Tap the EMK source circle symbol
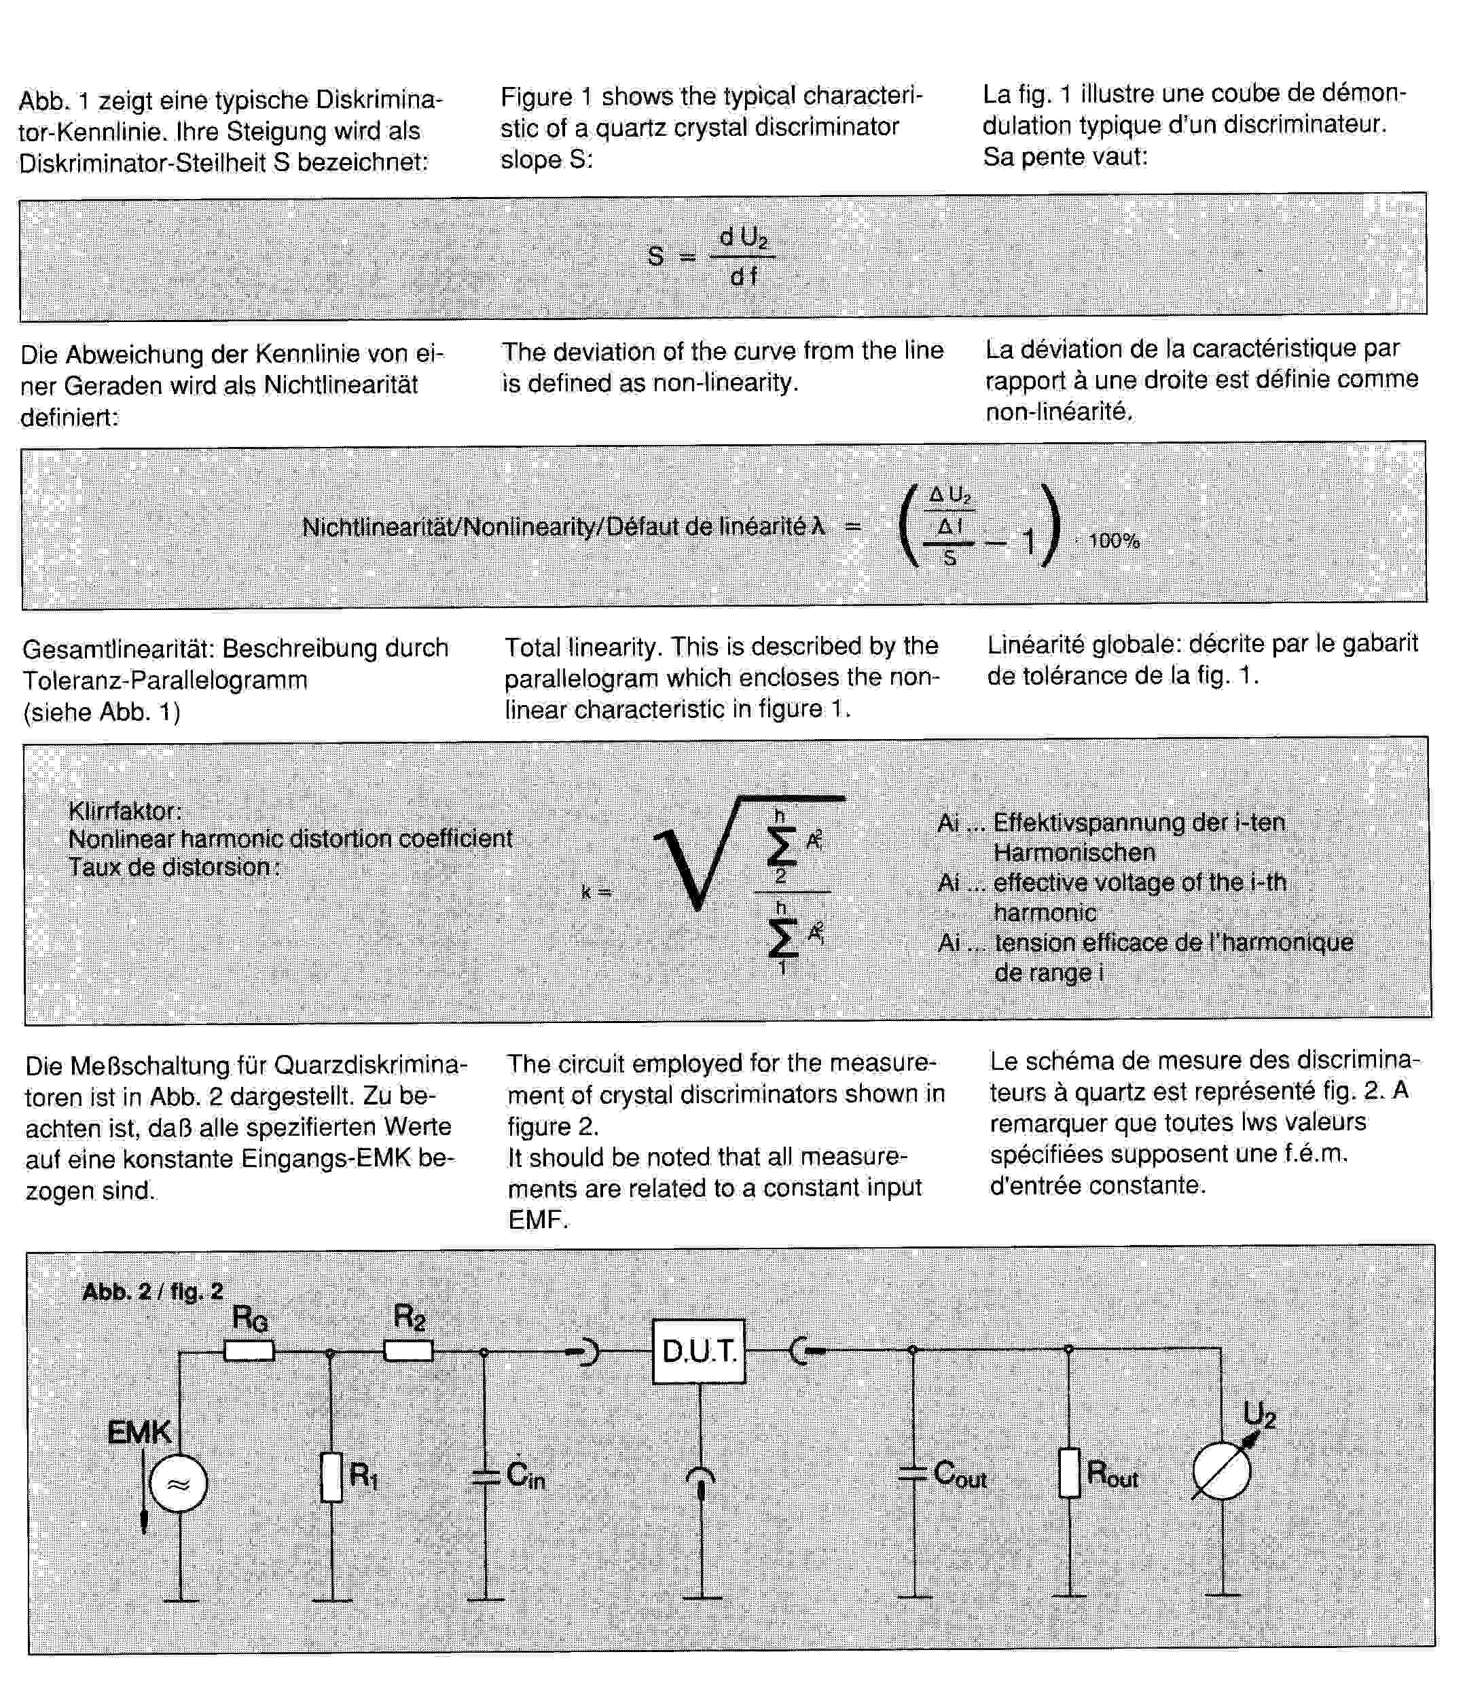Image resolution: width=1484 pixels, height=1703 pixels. [178, 1483]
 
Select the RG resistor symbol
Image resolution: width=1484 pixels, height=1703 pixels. [249, 1351]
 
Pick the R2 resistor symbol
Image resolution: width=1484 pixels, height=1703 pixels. [408, 1351]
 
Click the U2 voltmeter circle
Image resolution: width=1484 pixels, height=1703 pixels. [1221, 1471]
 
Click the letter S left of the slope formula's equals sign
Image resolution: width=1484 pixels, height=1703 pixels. [655, 257]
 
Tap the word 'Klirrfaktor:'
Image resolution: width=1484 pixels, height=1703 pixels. [124, 810]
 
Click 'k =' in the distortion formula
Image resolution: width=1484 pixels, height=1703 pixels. [596, 892]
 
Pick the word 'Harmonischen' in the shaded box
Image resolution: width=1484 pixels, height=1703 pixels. [1073, 853]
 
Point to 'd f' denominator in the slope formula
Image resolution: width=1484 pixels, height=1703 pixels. [743, 276]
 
